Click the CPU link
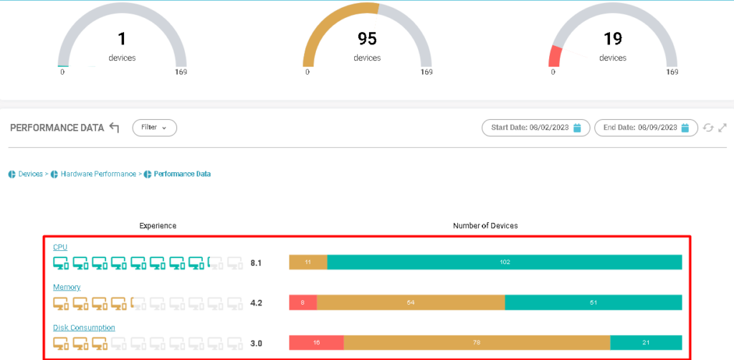[x=60, y=247]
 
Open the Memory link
[x=67, y=288]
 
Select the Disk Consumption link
[x=84, y=328]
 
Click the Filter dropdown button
[x=154, y=128]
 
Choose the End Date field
[x=645, y=128]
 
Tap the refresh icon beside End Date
[x=708, y=128]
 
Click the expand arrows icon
[x=723, y=128]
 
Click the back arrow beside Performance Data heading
[x=115, y=128]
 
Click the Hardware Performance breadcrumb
[x=97, y=174]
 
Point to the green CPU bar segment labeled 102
[x=505, y=262]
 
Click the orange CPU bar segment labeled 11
[x=308, y=262]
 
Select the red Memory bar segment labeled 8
[x=302, y=303]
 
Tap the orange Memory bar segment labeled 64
[x=411, y=303]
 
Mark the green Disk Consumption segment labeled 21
[x=645, y=343]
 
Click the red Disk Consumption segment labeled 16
[x=316, y=343]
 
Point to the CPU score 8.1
[x=256, y=263]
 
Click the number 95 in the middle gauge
[x=367, y=38]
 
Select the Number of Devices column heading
[x=485, y=226]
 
